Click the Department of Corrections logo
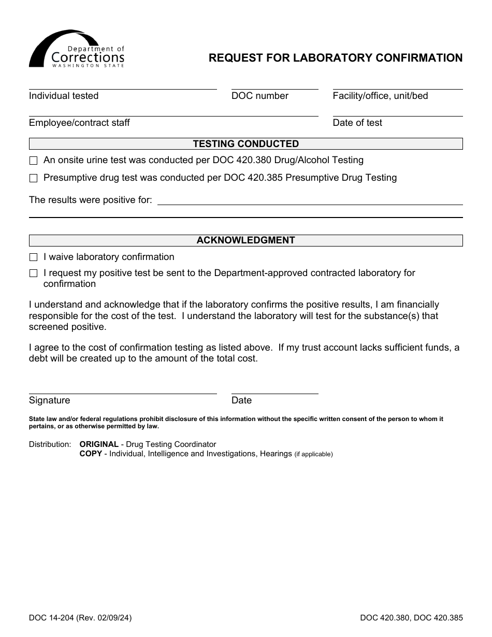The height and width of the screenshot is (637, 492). [x=77, y=49]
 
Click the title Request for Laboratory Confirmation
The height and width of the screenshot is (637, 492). [x=336, y=58]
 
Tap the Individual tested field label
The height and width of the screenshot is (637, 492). [x=64, y=96]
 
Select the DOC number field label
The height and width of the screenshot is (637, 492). [x=259, y=96]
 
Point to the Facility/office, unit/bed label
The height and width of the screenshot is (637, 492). [x=380, y=96]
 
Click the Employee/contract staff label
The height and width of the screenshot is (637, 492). [x=79, y=123]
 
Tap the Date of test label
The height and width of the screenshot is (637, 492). [x=357, y=123]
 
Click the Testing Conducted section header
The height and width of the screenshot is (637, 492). [x=245, y=144]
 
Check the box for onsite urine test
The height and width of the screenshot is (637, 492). [x=34, y=161]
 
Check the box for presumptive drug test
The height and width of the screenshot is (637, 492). [x=34, y=178]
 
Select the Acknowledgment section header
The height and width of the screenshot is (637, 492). [x=245, y=240]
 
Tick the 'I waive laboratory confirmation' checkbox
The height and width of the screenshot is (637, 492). [x=34, y=257]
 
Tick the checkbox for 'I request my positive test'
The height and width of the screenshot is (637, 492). [x=34, y=273]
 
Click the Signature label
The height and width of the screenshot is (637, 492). [x=49, y=400]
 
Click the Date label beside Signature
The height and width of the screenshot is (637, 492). [x=241, y=400]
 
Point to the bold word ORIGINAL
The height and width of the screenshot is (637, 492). [x=99, y=444]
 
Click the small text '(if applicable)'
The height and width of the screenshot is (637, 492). [x=313, y=454]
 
